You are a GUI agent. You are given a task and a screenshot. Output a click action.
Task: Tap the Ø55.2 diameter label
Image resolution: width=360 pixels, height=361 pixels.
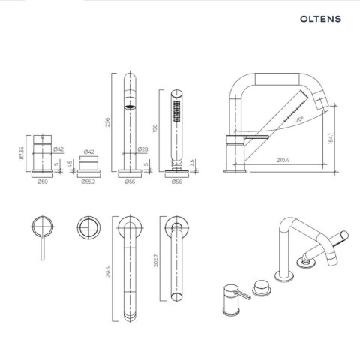pos(89,182)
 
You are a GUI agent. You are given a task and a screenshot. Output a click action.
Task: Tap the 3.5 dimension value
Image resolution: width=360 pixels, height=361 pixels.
pos(192,161)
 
